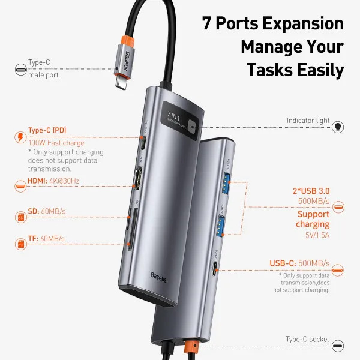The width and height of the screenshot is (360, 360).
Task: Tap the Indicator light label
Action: (308, 121)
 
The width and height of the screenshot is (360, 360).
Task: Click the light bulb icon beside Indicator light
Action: (338, 127)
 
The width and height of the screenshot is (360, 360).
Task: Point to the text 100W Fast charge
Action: (56, 143)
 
